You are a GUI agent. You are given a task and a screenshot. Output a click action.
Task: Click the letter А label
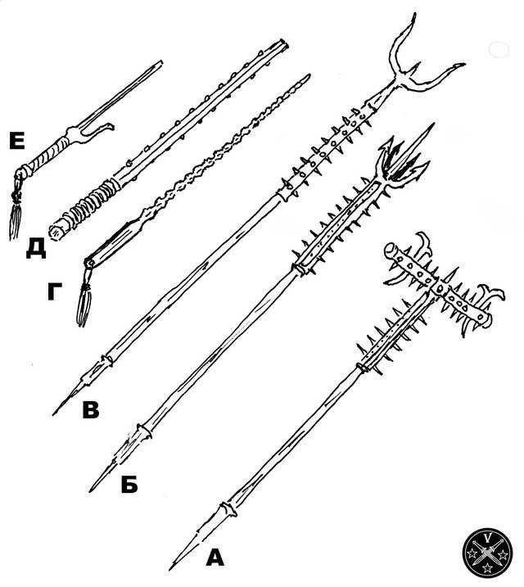[x=215, y=558]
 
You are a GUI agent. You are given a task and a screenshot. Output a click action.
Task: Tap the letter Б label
[x=129, y=485]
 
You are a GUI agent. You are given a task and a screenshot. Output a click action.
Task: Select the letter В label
[x=91, y=409]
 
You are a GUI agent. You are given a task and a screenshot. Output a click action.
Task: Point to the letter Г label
[x=54, y=291]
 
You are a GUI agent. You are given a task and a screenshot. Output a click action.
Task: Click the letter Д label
[x=36, y=249]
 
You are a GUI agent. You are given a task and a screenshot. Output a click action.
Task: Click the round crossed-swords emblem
[x=487, y=551]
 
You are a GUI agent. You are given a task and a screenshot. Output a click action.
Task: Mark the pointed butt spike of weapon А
[x=195, y=539]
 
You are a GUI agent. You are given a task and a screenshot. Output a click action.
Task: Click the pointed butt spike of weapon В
[x=80, y=386]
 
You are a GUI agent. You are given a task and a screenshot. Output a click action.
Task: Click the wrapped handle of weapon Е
[x=47, y=158]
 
